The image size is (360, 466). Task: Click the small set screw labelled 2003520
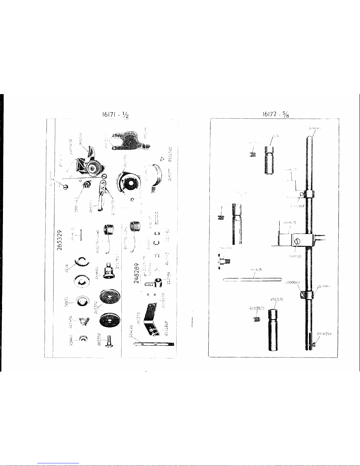[257, 319]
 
